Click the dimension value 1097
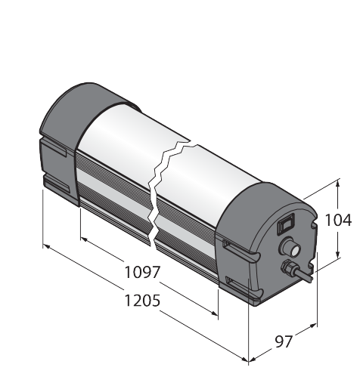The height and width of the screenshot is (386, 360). (x=142, y=272)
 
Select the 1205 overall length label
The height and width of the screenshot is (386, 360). (x=142, y=301)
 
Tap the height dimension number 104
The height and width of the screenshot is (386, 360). (x=338, y=220)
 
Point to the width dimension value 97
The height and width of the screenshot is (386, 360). (x=284, y=341)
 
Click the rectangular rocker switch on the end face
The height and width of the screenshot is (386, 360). (x=286, y=224)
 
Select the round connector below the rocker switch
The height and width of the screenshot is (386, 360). (x=290, y=247)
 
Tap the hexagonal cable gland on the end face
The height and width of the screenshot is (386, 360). (x=287, y=267)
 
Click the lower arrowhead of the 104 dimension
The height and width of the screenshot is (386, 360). (x=338, y=253)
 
